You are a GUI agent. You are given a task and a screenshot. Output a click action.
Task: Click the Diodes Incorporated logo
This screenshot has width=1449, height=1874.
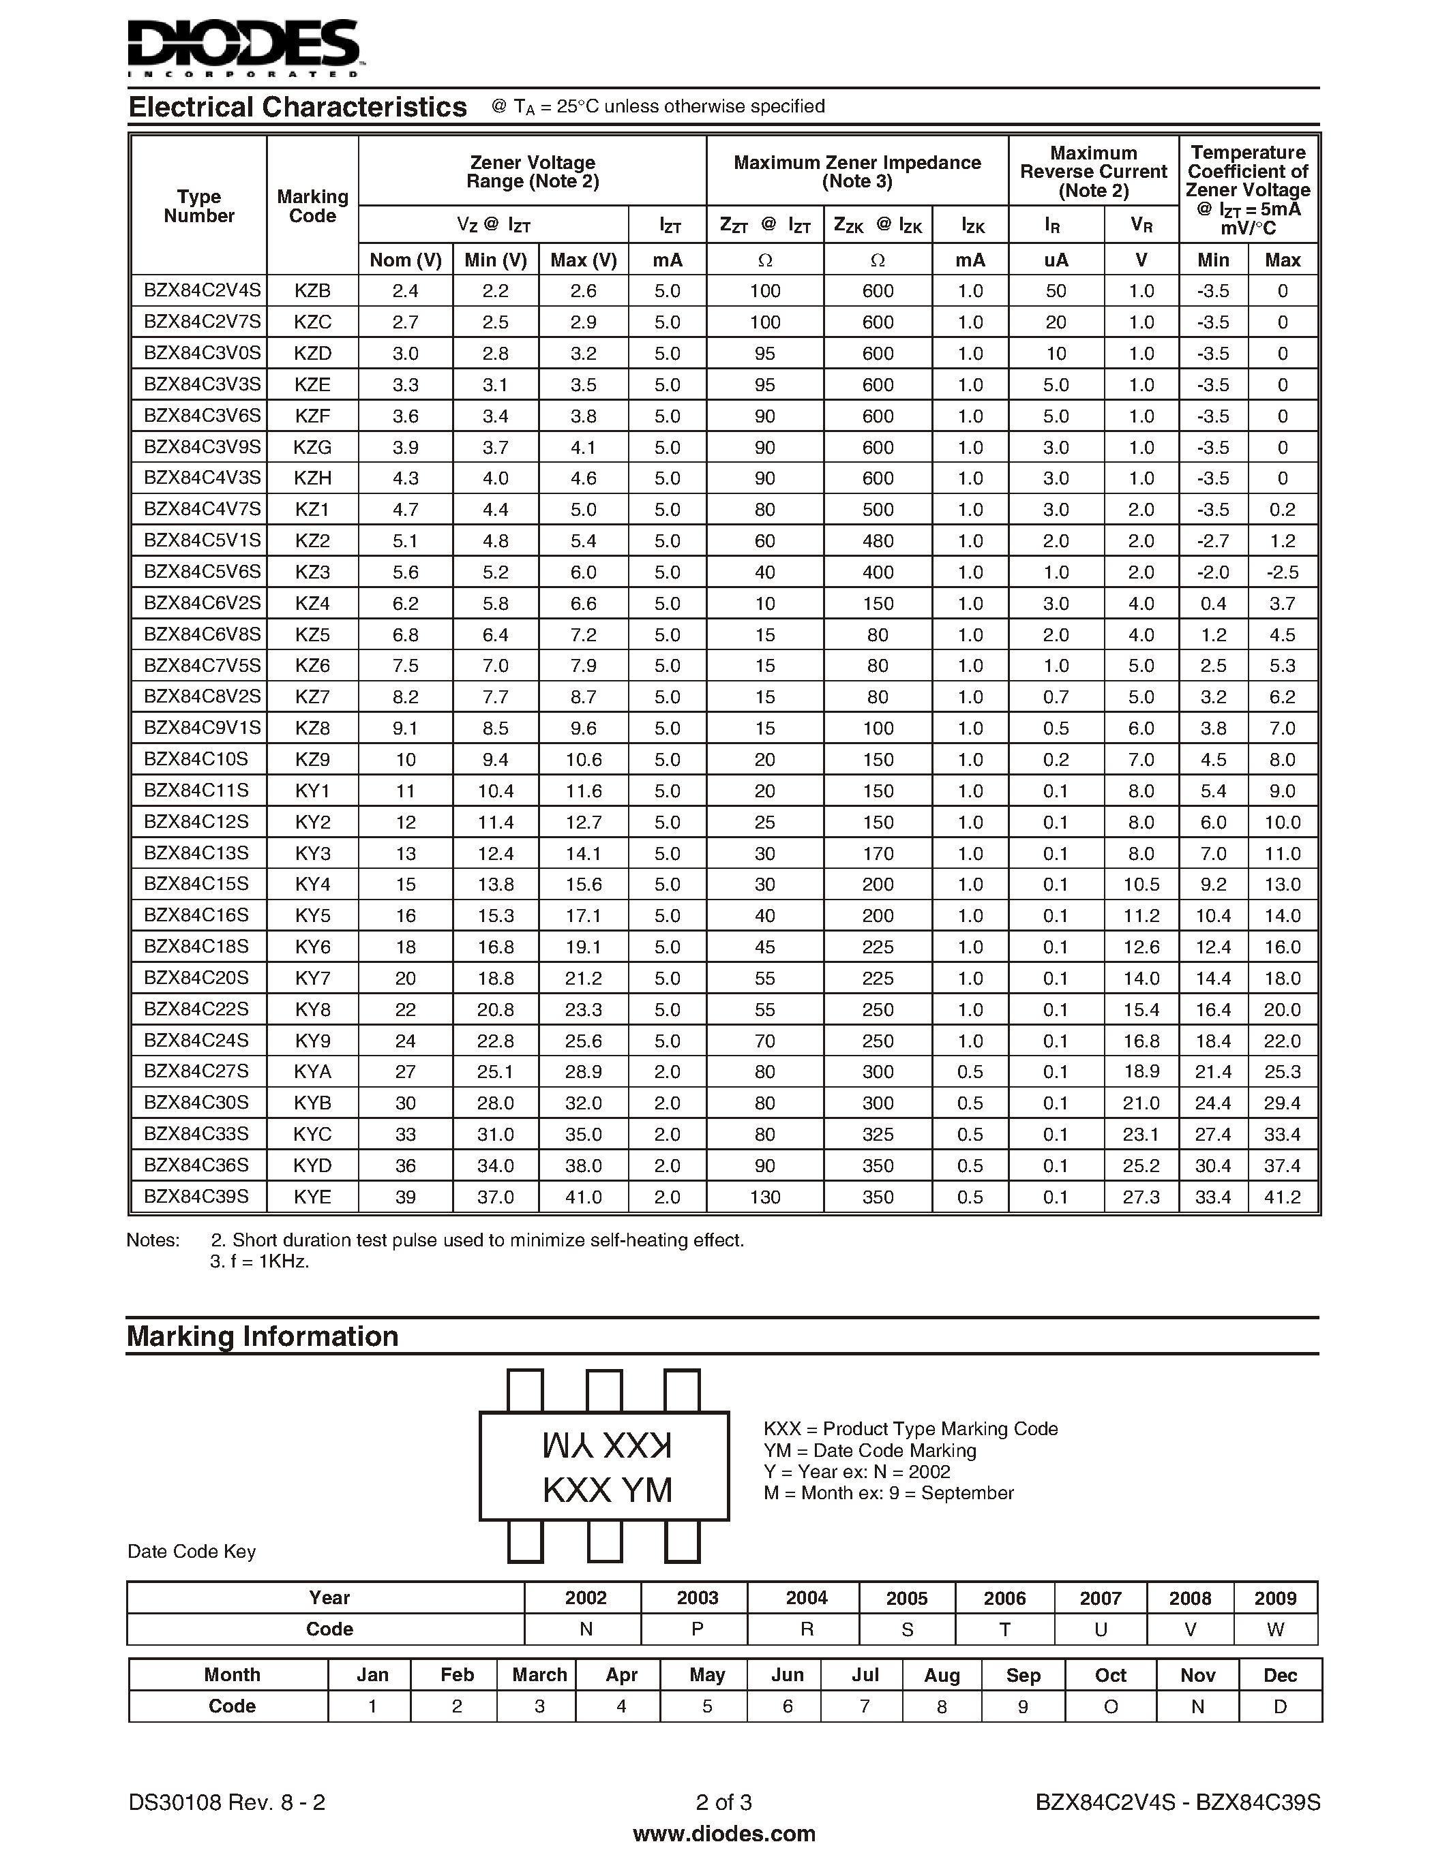coord(245,47)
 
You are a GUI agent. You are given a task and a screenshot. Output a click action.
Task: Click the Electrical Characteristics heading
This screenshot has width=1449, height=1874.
coord(297,107)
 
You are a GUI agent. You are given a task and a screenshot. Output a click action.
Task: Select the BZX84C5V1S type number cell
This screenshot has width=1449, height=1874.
coord(202,540)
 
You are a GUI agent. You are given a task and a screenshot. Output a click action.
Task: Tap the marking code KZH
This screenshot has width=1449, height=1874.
coord(312,478)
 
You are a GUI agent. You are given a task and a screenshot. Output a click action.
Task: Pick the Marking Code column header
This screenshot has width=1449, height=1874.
coord(312,206)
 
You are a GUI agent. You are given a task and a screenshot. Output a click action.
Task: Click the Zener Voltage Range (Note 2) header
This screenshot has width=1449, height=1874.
coord(533,172)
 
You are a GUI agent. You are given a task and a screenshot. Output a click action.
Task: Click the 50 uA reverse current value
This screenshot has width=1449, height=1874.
coord(1055,291)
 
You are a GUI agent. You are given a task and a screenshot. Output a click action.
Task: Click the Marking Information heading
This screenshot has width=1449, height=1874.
coord(263,1337)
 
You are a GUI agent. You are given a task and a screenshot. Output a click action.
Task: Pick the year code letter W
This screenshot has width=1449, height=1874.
coord(1274,1629)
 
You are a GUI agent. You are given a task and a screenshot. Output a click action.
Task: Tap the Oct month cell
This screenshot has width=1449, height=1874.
coord(1110,1675)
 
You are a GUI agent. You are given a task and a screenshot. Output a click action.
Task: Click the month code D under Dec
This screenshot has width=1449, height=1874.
coord(1280,1706)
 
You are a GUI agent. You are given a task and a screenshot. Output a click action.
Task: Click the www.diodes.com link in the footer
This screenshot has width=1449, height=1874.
coord(723,1834)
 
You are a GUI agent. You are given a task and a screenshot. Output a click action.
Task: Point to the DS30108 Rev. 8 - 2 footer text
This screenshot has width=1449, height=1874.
coord(226,1802)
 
